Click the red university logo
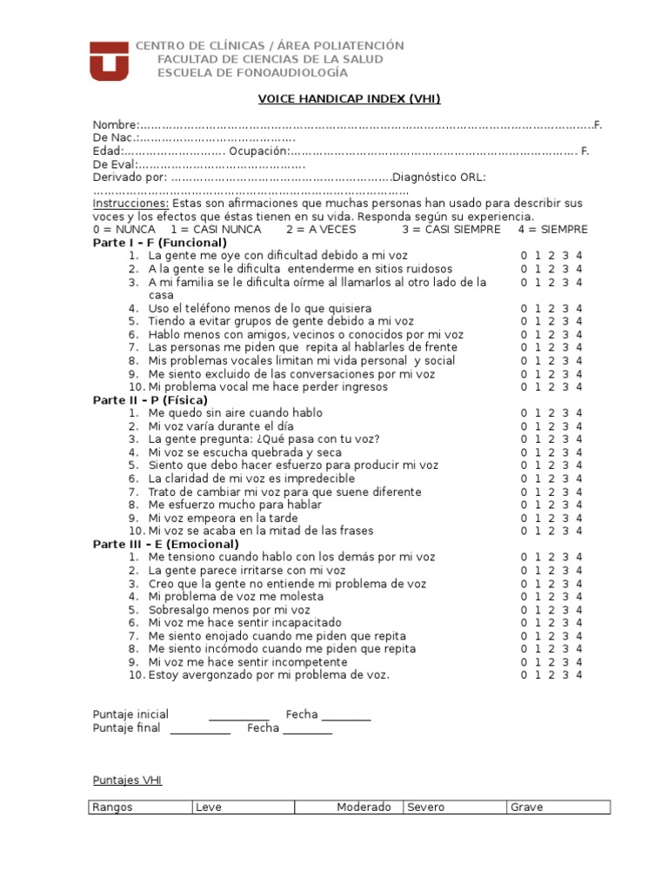[x=109, y=60]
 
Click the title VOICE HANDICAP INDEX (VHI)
[x=349, y=99]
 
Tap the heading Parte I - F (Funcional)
[x=159, y=243]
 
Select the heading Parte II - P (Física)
[x=150, y=400]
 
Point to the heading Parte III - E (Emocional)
[x=165, y=544]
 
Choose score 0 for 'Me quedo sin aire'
[x=524, y=413]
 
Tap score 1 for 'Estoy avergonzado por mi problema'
[x=538, y=675]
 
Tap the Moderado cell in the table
[x=364, y=807]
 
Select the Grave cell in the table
[x=526, y=807]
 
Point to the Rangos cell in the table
[x=112, y=807]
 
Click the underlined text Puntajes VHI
[x=127, y=780]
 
